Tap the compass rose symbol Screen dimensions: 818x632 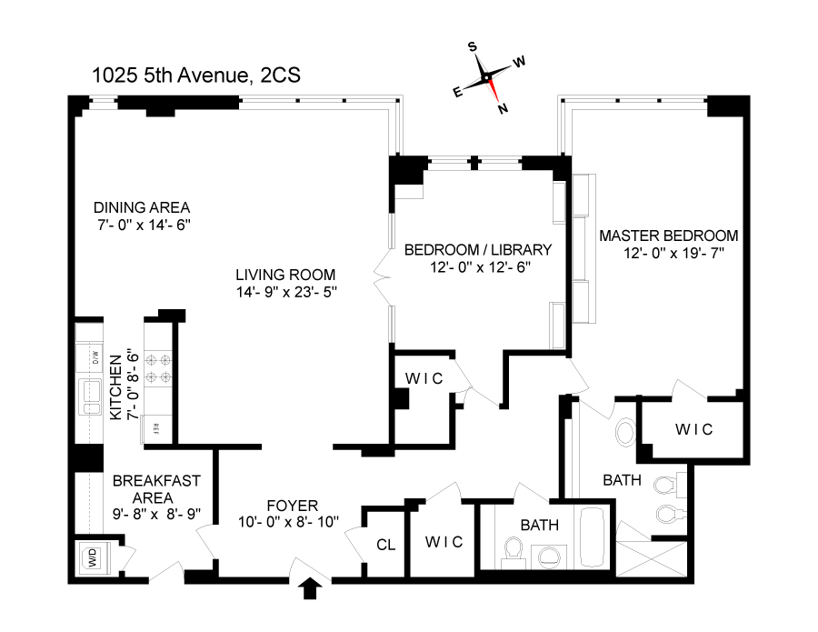point(489,77)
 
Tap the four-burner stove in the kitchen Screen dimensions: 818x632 point(156,367)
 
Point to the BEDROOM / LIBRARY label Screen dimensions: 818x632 point(478,249)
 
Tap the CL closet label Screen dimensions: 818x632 point(384,545)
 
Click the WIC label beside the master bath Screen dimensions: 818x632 point(693,429)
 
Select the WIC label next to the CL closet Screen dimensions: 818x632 point(444,541)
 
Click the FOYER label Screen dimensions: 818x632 point(291,505)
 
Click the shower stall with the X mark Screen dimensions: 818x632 point(651,556)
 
